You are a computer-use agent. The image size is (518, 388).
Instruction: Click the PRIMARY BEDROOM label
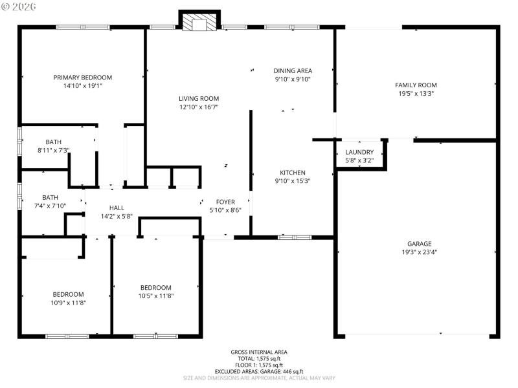[x=82, y=77]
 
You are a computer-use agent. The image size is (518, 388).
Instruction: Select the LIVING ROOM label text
[x=199, y=98]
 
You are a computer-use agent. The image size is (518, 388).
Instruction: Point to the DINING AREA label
[x=293, y=70]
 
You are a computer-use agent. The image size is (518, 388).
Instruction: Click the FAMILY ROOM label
[x=416, y=85]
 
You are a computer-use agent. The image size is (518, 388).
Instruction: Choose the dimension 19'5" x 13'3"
[x=416, y=93]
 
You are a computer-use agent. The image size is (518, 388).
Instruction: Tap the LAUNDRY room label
[x=359, y=152]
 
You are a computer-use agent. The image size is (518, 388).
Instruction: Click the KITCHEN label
[x=292, y=173]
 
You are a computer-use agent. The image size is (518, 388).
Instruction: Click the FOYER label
[x=225, y=202]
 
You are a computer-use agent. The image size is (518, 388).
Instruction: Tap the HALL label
[x=117, y=208]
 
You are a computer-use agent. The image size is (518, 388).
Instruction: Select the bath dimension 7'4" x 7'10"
[x=50, y=206]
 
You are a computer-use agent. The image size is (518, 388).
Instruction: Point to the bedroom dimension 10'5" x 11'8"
[x=156, y=296]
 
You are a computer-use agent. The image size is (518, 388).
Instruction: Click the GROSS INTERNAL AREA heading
[x=259, y=352]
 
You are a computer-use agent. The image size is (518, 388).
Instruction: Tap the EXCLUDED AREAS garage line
[x=259, y=372]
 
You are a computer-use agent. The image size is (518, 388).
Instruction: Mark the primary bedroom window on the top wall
[x=82, y=27]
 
